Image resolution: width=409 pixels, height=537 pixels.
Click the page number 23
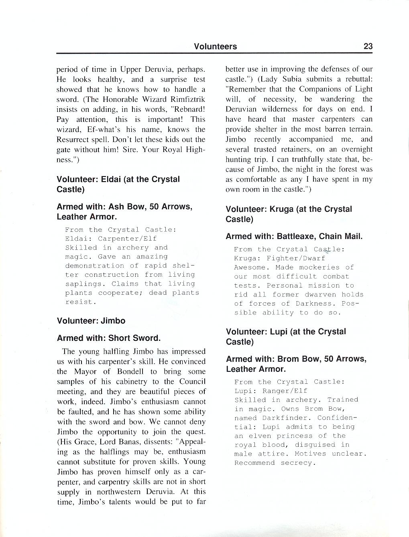point(368,46)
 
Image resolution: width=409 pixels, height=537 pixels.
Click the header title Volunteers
point(215,47)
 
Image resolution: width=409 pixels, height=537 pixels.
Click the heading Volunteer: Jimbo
point(91,321)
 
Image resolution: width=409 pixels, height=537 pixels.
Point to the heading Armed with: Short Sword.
point(109,338)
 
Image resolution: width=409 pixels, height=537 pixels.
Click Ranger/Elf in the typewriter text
point(285,391)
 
